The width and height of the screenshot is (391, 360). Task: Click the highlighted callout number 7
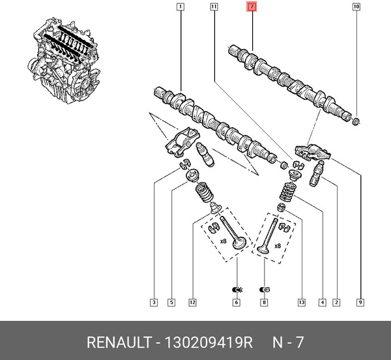tap(252, 8)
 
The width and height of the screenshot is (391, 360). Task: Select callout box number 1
tap(180, 8)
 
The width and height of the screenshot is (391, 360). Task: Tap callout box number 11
tap(214, 8)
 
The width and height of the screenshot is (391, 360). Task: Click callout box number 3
tap(153, 302)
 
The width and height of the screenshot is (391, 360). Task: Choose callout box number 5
tap(171, 302)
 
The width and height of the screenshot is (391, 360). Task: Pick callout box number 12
tap(192, 302)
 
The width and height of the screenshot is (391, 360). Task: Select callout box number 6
tap(237, 302)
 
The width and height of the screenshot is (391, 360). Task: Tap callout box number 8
tap(264, 302)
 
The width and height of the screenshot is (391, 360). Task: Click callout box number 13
tap(300, 302)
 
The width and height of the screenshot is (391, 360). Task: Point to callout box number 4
tap(322, 302)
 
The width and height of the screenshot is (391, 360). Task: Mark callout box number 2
tap(336, 302)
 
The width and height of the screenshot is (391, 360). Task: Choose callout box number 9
tap(360, 302)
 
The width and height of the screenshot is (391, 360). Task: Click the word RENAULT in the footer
tap(116, 342)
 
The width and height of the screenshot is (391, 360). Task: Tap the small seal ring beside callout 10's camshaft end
tap(356, 121)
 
